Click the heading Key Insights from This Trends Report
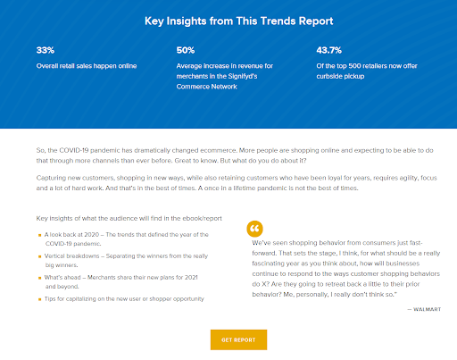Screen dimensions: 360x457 [228, 21]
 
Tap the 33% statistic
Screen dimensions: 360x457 [45, 51]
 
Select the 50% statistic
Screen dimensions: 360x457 [186, 51]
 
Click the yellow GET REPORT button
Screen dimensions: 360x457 [238, 340]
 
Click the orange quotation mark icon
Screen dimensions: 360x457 [255, 228]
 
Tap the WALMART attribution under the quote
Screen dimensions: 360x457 [425, 308]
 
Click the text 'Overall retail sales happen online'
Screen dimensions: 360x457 [86, 65]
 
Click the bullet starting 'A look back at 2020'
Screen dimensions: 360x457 [124, 239]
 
